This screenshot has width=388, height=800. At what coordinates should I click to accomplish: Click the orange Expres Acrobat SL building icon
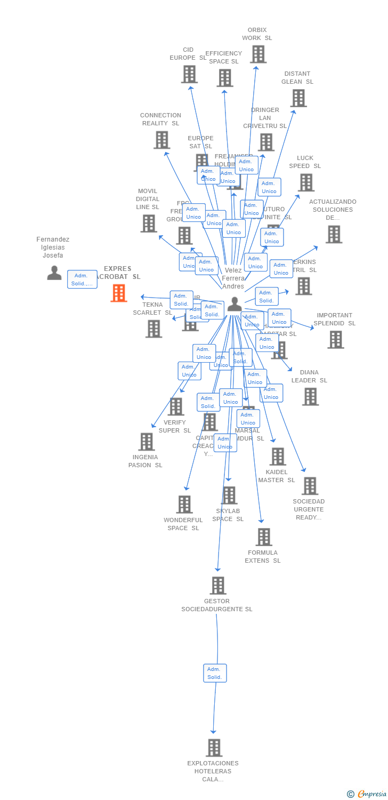[x=119, y=293]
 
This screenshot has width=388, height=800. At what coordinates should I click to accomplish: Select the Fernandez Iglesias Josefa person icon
[x=54, y=273]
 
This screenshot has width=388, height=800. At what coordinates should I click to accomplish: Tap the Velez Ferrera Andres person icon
[x=235, y=305]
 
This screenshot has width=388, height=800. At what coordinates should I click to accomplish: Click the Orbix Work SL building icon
[x=258, y=54]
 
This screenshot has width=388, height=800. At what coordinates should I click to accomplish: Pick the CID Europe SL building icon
[x=189, y=74]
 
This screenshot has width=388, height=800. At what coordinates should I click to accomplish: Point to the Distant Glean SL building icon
[x=298, y=98]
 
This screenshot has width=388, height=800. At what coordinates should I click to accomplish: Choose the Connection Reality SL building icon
[x=161, y=140]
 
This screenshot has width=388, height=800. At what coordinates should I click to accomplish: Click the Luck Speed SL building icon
[x=306, y=182]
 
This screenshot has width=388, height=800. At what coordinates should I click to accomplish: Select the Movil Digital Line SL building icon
[x=149, y=223]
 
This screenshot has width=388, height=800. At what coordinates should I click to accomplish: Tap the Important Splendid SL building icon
[x=335, y=339]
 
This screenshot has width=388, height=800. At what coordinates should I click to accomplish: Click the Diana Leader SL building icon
[x=310, y=396]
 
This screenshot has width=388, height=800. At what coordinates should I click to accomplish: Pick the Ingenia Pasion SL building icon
[x=147, y=442]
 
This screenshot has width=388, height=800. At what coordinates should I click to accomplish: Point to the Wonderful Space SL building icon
[x=184, y=504]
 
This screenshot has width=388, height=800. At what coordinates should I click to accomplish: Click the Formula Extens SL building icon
[x=263, y=537]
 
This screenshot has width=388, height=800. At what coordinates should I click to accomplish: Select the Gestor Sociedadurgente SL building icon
[x=217, y=585]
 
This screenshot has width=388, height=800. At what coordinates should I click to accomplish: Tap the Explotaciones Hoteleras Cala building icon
[x=214, y=748]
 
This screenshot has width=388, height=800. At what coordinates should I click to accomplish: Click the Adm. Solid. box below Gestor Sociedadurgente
[x=215, y=673]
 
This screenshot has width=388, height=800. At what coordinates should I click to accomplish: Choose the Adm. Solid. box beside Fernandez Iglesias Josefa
[x=82, y=279]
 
